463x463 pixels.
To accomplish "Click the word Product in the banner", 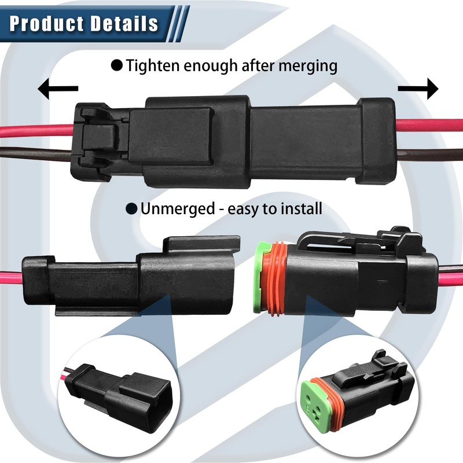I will click(x=44, y=24).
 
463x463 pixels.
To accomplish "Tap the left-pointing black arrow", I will click(x=57, y=89).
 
